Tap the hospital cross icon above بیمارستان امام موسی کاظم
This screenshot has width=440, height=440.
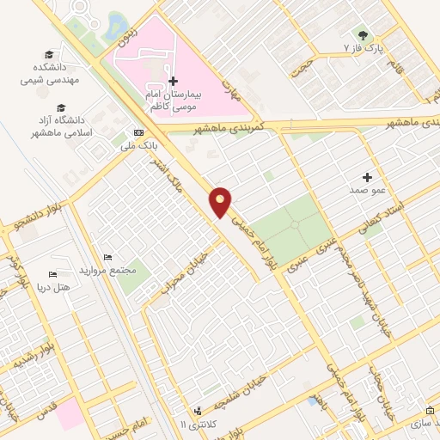coord(173,81)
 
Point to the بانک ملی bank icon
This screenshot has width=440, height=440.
coord(138,133)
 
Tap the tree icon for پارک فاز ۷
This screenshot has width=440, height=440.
coord(363,35)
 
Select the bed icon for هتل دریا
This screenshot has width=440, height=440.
coord(52,274)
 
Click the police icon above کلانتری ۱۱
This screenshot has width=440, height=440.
coord(198,412)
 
